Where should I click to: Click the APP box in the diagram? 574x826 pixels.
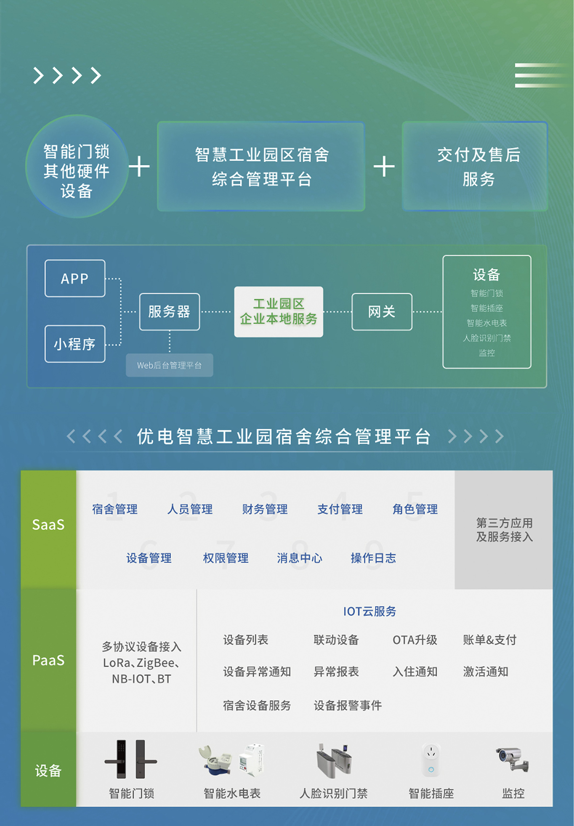(75, 278)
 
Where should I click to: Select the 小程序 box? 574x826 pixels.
(75, 344)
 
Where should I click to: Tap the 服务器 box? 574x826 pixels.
(169, 311)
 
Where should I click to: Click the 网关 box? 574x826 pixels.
(382, 311)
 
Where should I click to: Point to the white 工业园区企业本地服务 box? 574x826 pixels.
(278, 311)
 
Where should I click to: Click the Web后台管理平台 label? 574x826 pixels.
(169, 365)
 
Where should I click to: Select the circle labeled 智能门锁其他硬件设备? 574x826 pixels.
(77, 166)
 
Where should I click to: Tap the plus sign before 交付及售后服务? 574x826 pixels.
(384, 166)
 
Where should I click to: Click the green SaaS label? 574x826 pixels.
(48, 525)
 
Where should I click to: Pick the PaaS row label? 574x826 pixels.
(48, 661)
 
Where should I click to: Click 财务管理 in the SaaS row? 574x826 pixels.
(265, 509)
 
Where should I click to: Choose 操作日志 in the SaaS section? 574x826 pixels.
(373, 558)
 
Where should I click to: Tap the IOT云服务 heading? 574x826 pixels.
(370, 611)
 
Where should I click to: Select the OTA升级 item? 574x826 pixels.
(415, 640)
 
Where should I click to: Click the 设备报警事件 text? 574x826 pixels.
(348, 705)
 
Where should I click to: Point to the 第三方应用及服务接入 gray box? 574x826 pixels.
(504, 530)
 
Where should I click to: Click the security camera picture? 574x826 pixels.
(512, 759)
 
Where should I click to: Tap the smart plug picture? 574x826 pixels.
(431, 760)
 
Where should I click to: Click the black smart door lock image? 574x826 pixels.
(131, 760)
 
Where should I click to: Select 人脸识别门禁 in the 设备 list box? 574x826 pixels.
(486, 338)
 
